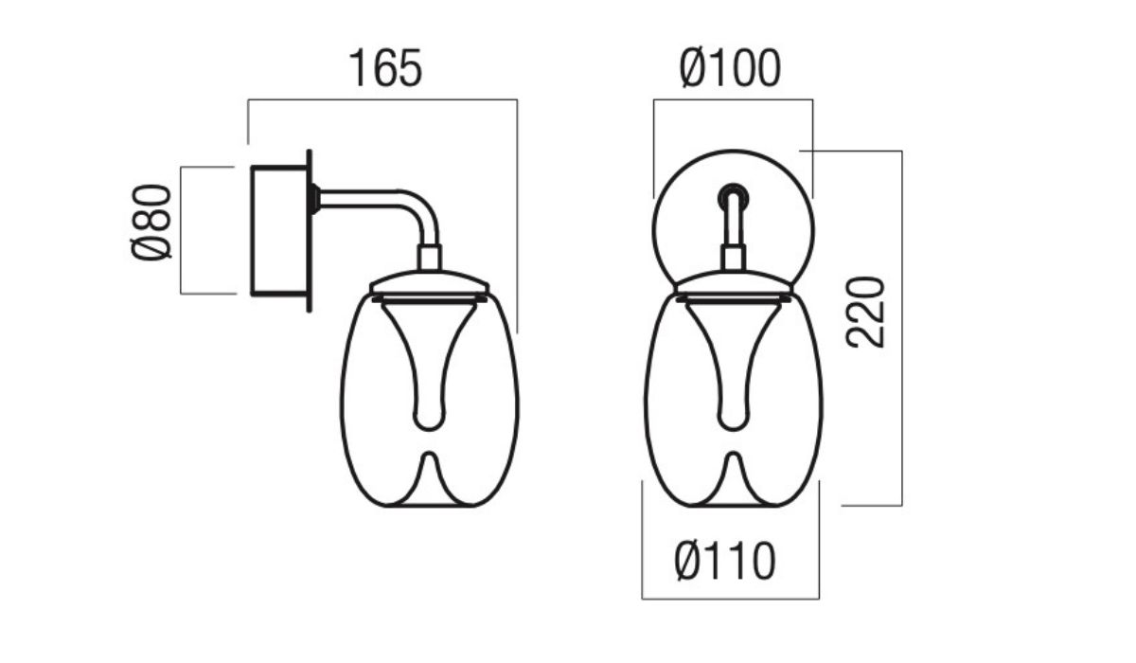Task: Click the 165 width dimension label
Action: coord(384,69)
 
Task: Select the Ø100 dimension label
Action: coord(730,69)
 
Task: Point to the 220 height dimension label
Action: coord(866,313)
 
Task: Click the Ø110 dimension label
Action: coord(726,562)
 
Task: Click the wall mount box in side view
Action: coord(278,229)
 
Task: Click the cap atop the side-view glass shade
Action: coord(430,281)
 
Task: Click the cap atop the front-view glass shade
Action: coord(734,282)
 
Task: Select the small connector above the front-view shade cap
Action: coord(734,258)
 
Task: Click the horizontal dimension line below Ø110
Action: coord(730,599)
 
